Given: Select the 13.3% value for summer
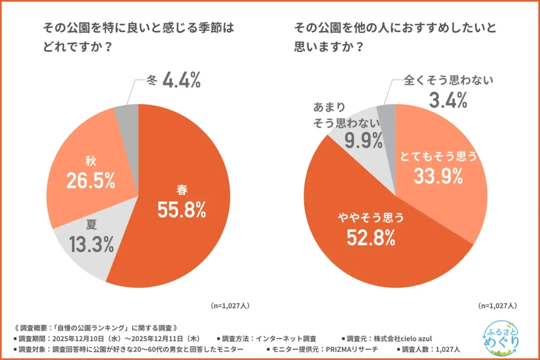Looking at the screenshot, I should point(91,244).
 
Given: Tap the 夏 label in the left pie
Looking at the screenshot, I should point(91,224).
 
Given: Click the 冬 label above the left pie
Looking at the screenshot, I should point(151,81).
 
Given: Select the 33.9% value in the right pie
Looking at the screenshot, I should point(438,177).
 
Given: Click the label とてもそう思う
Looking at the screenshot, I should point(438,156).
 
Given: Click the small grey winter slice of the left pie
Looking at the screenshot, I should point(128,112).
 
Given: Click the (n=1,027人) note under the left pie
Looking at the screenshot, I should point(230,305).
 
